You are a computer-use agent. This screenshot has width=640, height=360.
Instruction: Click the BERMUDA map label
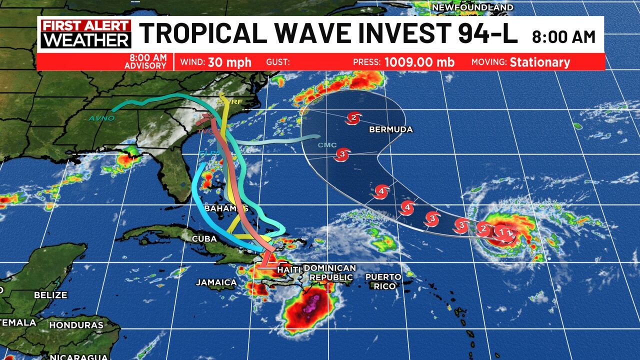[x=391, y=129]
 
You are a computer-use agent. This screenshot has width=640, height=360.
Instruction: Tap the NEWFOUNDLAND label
[x=472, y=7]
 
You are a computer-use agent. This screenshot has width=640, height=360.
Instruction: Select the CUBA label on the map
[x=204, y=238]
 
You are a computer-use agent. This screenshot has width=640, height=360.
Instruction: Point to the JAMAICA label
[x=216, y=282]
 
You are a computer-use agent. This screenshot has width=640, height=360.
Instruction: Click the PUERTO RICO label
[x=383, y=281]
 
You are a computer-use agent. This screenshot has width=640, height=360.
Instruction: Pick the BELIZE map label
[x=50, y=295]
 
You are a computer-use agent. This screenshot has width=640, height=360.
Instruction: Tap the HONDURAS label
[x=76, y=325]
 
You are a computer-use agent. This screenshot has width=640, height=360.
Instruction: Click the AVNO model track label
[x=101, y=118]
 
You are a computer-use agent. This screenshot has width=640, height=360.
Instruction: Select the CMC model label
[x=327, y=145]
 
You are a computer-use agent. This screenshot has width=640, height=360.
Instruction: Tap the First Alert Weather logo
[x=85, y=34]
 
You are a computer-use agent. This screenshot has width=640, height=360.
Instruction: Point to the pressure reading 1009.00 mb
[x=419, y=62]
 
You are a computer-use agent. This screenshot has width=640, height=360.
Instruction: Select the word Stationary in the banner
[x=539, y=62]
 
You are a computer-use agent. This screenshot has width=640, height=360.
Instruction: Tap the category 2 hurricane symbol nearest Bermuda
[x=353, y=118]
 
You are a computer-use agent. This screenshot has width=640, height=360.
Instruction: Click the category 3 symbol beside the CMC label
[x=342, y=154]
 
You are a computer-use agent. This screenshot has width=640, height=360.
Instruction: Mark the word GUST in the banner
[x=278, y=62]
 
